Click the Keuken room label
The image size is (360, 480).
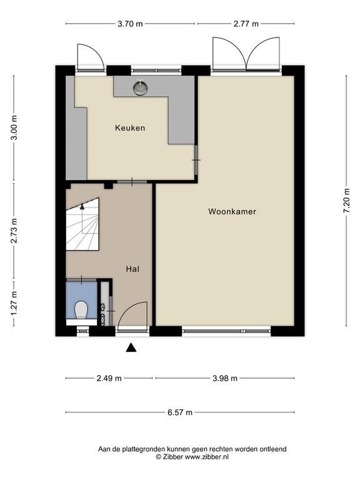130,128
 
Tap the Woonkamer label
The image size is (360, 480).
232,211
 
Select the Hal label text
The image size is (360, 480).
132,269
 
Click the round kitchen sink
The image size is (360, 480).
141,87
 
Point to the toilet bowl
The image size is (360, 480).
81,310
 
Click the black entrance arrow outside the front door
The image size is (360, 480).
131,347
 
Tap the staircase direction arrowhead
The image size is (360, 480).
82,206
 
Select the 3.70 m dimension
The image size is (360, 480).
130,24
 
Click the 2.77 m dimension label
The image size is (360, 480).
246,24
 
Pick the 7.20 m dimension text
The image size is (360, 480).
346,201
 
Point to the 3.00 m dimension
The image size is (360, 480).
14,127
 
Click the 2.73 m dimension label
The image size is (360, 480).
14,231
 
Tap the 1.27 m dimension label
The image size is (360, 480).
14,303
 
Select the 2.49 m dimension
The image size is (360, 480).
109,378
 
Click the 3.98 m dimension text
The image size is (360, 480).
225,378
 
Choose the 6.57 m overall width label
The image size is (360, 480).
180,412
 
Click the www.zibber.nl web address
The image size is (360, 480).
207,457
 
